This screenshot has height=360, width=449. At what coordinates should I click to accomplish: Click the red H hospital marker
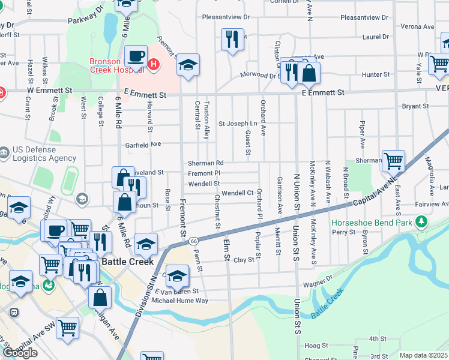(x=154, y=64)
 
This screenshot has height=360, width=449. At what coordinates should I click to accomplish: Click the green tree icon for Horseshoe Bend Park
(x=421, y=223)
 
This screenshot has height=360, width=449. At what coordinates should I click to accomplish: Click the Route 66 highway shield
(x=193, y=241)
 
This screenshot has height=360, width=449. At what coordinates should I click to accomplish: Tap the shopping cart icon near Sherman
(x=393, y=160)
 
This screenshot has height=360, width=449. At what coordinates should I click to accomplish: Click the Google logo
(x=20, y=352)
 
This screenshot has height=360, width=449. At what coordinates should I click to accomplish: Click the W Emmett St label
(x=49, y=90)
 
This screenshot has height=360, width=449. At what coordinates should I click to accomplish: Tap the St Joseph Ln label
(x=237, y=124)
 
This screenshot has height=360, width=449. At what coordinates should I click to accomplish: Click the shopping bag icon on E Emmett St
(x=309, y=74)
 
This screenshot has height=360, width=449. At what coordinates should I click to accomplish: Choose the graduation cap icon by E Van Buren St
(x=176, y=276)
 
